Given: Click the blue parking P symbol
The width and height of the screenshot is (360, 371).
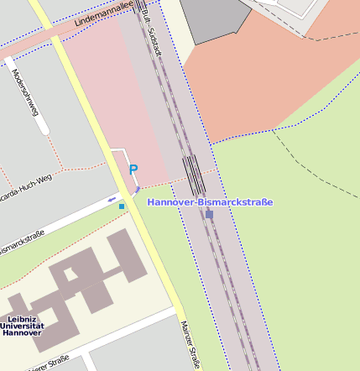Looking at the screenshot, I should pyautogui.click(x=133, y=169).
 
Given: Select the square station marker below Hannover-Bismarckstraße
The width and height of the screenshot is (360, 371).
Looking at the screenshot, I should pyautogui.click(x=209, y=214).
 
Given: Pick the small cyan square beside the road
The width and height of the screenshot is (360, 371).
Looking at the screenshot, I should pyautogui.click(x=122, y=206).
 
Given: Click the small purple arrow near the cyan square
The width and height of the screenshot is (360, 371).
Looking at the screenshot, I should pyautogui.click(x=112, y=200).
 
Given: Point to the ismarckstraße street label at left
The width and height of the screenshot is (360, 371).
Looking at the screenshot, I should pyautogui.click(x=22, y=244).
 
